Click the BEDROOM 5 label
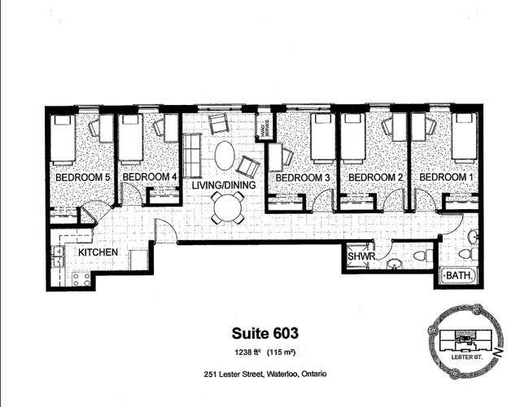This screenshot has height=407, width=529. (x=82, y=177)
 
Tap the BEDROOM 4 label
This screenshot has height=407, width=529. (x=148, y=177)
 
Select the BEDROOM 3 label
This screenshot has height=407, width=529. (x=303, y=177)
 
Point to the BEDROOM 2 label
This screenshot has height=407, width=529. (x=374, y=177)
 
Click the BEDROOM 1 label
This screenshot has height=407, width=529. (x=444, y=177)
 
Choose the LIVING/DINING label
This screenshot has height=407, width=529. (x=224, y=186)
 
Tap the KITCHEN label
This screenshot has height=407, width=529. (x=98, y=253)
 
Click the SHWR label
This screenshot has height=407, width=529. (x=360, y=257)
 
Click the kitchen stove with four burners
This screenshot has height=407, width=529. (x=79, y=279)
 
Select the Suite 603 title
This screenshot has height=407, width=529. (x=265, y=333)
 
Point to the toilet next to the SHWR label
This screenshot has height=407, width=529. (x=396, y=263)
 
